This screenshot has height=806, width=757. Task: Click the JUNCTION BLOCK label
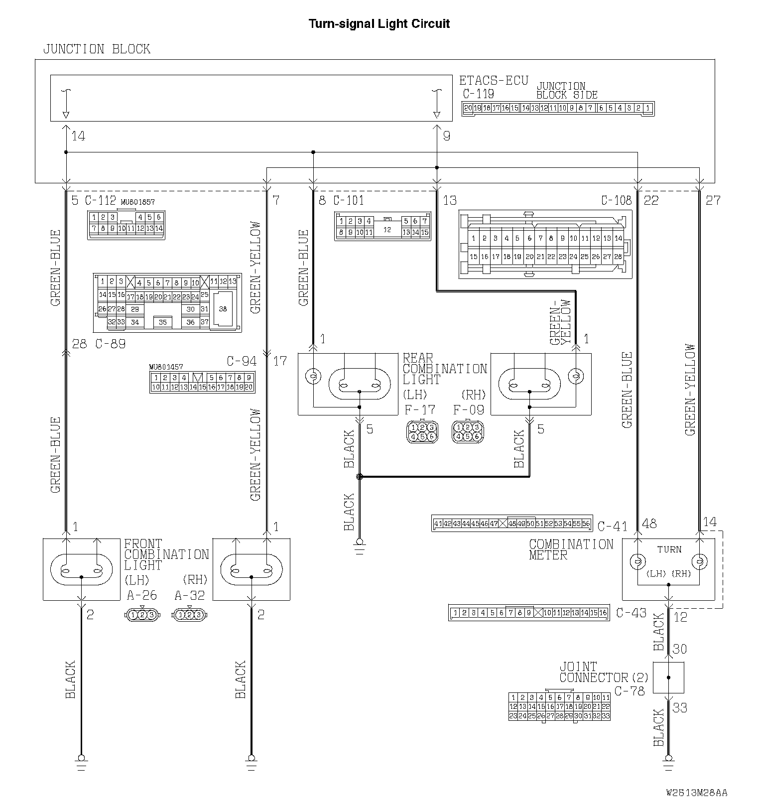click(97, 49)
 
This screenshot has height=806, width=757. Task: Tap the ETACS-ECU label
click(493, 81)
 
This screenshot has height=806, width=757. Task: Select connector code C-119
click(478, 94)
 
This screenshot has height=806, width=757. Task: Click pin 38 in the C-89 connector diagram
click(223, 309)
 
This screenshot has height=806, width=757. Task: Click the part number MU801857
click(138, 202)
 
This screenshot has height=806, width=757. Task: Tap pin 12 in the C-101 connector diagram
click(388, 229)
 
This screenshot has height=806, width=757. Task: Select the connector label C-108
click(616, 200)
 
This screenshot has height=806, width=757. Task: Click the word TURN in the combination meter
click(669, 549)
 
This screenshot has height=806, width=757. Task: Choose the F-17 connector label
click(420, 410)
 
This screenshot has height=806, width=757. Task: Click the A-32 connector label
click(190, 595)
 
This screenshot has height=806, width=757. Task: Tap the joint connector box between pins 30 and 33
click(668, 677)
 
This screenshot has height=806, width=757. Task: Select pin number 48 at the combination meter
click(649, 524)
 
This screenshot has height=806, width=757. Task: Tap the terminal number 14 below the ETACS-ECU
click(78, 135)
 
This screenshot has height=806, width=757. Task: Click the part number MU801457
click(166, 367)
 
